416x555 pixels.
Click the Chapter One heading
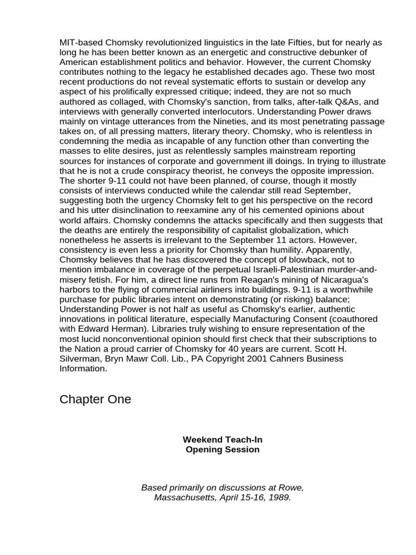[x=95, y=400]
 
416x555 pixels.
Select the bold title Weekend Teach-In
[x=223, y=440]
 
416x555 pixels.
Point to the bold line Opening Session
[x=223, y=449]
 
